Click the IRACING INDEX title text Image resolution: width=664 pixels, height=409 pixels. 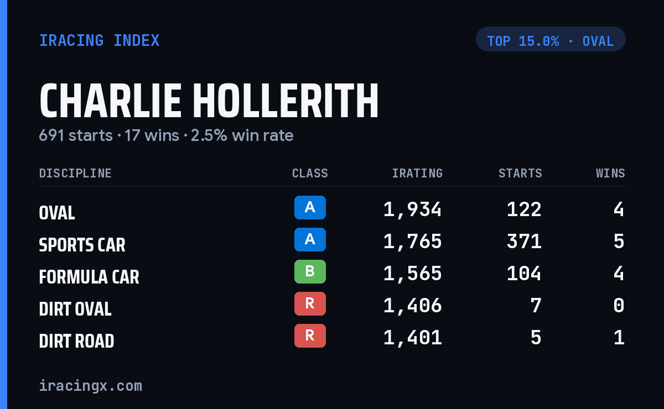point(99,40)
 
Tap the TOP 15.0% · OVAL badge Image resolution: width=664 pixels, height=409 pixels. point(551,39)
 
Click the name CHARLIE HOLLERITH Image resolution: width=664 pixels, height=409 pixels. point(209,101)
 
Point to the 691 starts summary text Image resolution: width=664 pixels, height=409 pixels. point(76,135)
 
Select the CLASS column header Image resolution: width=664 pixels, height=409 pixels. point(310,173)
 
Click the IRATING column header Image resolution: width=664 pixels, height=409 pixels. point(417,173)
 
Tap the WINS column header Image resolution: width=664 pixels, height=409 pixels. point(610,173)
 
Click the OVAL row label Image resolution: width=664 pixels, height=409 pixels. point(57,213)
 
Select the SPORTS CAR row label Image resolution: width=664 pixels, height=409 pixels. point(82,245)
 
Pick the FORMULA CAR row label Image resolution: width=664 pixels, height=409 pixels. point(89,277)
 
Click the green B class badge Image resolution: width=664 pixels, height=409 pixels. point(310,271)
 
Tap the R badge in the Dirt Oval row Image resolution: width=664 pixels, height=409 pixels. point(310,303)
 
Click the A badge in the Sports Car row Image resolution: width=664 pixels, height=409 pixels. point(310,239)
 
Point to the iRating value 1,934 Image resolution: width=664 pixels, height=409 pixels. point(413,209)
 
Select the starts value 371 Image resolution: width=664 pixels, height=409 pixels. point(524,242)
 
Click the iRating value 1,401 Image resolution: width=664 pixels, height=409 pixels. point(413,338)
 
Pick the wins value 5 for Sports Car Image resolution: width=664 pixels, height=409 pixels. point(619,242)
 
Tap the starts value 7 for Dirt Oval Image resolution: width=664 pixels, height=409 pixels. point(536,306)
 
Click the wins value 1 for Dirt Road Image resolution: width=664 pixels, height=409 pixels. point(619,338)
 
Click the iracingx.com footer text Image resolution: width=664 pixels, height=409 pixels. point(91,386)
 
